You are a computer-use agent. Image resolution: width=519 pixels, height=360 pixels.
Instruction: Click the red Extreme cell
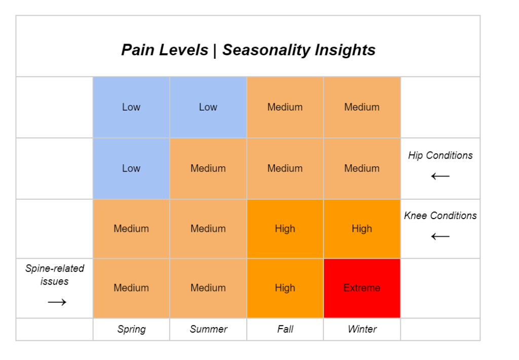click(361, 288)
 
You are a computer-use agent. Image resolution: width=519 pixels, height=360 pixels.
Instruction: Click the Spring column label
click(131, 329)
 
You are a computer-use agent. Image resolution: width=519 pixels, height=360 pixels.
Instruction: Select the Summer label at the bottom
click(208, 329)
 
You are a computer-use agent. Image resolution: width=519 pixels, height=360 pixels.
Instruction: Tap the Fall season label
click(285, 329)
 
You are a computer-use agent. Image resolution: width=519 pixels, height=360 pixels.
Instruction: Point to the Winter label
click(362, 329)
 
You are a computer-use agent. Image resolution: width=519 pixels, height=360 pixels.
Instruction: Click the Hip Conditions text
click(440, 155)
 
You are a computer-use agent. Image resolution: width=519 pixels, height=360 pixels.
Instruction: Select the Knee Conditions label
click(440, 215)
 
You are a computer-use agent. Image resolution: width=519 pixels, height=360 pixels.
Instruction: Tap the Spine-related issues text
click(55, 274)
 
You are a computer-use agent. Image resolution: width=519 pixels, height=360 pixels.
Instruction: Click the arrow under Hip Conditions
click(440, 176)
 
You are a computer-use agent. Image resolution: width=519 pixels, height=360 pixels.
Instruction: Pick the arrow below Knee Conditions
click(440, 236)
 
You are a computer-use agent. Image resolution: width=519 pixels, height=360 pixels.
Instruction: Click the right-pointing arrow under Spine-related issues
click(57, 302)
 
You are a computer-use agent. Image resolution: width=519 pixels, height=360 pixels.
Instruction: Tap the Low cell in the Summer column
click(208, 107)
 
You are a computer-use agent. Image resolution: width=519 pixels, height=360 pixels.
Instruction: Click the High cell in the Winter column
click(361, 229)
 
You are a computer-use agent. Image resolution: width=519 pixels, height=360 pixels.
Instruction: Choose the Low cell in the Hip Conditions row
click(131, 168)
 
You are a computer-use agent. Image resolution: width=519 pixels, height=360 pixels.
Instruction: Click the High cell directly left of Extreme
click(285, 288)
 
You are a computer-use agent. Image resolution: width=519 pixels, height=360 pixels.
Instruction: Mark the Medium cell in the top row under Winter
click(361, 107)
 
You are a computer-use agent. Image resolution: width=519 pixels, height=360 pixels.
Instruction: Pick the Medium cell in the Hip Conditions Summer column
click(208, 168)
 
